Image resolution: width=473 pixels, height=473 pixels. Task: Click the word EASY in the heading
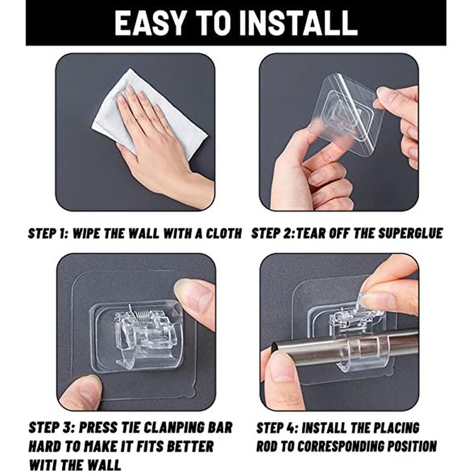pos(150,24)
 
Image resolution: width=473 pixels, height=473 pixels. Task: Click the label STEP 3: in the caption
pos(52,427)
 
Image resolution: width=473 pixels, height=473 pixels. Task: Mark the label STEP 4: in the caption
pos(277,427)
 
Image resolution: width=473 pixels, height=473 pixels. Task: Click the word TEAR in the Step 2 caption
pos(310,234)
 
